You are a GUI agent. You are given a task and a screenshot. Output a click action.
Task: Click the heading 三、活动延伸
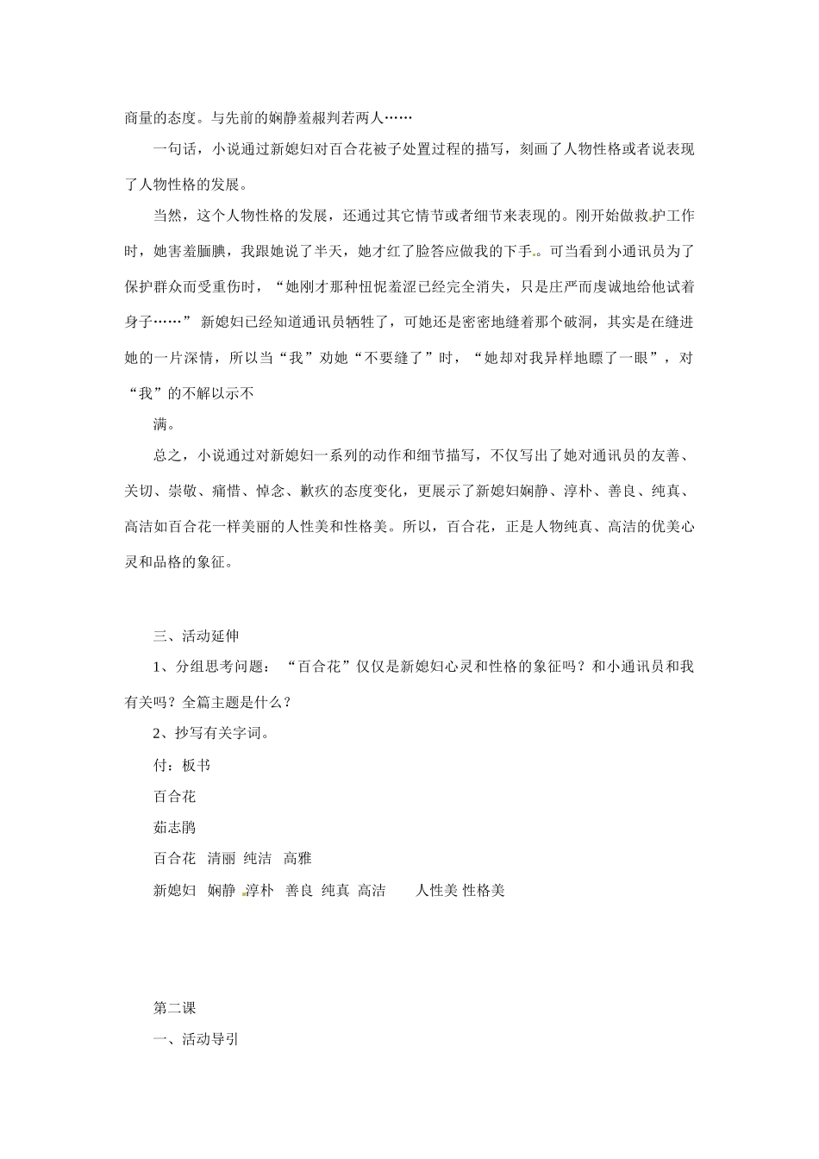tap(196, 636)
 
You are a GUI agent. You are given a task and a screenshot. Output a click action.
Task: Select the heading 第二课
tap(175, 1008)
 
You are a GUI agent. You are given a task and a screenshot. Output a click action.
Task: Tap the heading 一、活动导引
tap(196, 1039)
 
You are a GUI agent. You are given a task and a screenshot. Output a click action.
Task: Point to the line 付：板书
tap(181, 765)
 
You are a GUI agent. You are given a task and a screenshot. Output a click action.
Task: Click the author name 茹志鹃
tap(175, 827)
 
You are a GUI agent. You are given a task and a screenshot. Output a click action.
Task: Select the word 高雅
tap(297, 858)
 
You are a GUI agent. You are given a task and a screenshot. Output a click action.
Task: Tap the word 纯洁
tap(258, 858)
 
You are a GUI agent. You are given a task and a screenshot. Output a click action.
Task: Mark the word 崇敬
tap(183, 491)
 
